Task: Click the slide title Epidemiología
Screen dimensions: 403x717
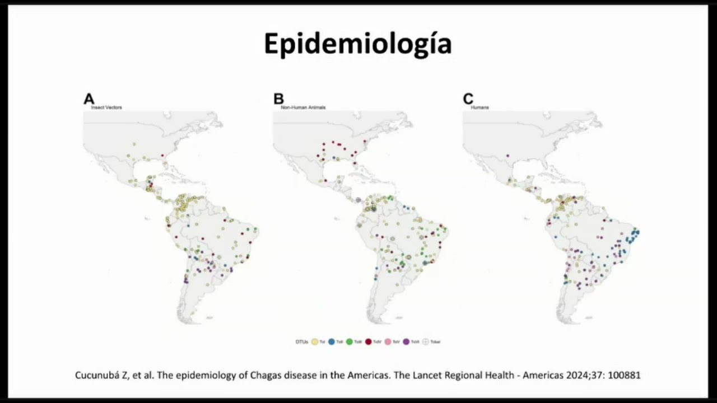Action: tap(357, 44)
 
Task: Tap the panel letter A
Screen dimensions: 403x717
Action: tap(89, 99)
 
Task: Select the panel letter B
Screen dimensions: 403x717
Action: tap(278, 99)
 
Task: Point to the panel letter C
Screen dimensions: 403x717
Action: tap(468, 99)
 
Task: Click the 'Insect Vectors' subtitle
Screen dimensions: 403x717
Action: tap(106, 107)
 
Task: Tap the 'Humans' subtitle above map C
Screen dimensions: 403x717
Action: tap(479, 107)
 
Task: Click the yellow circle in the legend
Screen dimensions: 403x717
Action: tap(315, 341)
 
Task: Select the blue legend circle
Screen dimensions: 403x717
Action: tap(332, 341)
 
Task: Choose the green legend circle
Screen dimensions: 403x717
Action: tap(350, 341)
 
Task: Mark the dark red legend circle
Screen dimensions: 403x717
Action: tap(369, 341)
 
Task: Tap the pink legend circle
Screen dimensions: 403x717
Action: tap(388, 341)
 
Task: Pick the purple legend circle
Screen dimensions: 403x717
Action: tap(406, 341)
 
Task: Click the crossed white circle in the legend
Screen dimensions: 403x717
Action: tap(425, 341)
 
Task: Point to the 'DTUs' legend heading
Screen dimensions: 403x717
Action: tap(301, 341)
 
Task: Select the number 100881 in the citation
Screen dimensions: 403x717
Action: tap(623, 375)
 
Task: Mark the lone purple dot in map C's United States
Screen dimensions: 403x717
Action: tap(508, 156)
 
